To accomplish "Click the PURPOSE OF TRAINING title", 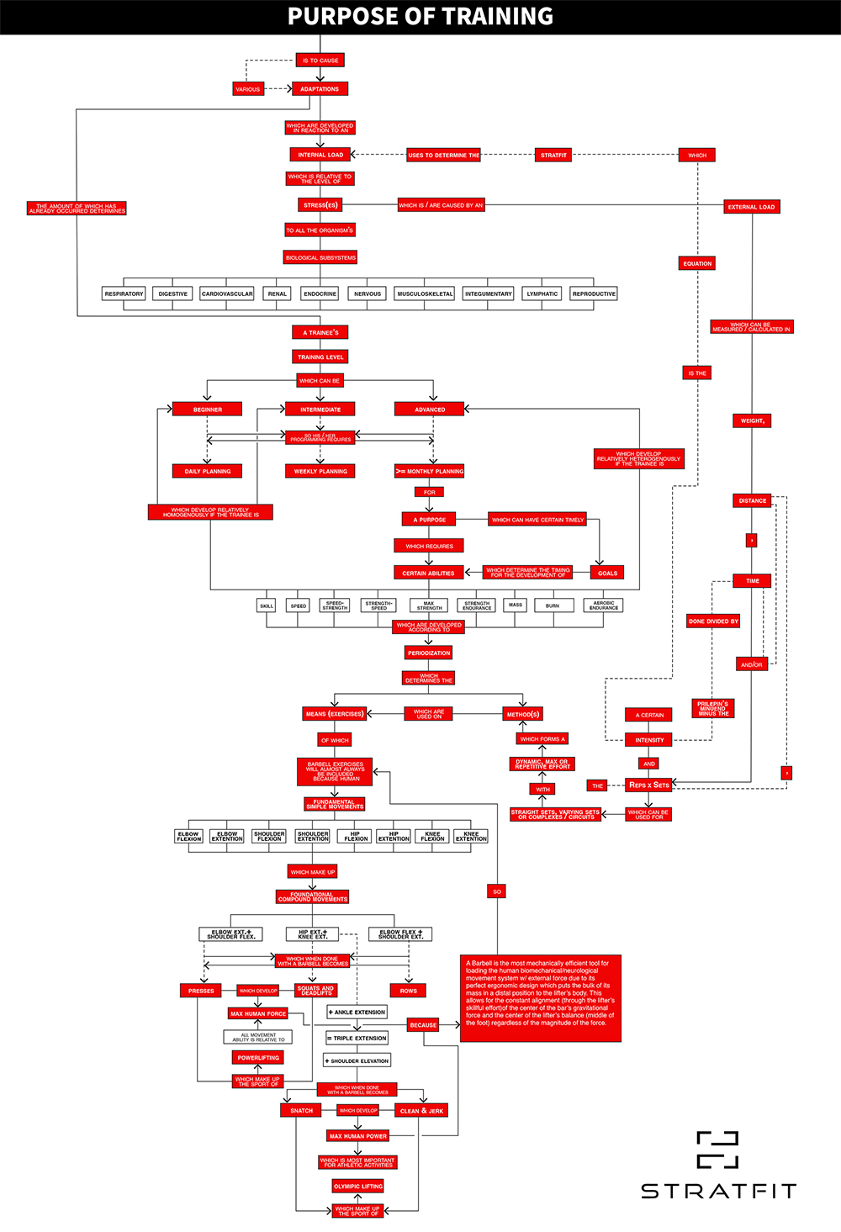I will [420, 17].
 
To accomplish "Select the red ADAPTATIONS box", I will [320, 89].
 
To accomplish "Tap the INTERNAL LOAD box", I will [320, 155].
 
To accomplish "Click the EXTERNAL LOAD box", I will [751, 207].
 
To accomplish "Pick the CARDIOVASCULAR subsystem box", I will [227, 293].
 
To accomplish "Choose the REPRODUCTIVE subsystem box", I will [594, 293].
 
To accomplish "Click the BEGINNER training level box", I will [208, 410].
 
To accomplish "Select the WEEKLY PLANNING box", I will [320, 472].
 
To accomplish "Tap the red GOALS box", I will [607, 573].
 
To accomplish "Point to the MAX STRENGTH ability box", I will [429, 605].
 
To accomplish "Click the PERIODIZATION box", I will [429, 653].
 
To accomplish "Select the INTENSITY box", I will [649, 740].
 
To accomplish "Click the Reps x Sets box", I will [649, 785].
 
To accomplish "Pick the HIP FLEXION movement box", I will [356, 837].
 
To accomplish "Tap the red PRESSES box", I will [201, 991].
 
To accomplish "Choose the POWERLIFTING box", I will [258, 1058].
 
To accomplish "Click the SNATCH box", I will [301, 1111].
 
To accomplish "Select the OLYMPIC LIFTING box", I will [358, 1187].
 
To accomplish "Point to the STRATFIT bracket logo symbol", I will [717, 1150].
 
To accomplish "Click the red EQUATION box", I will [697, 264].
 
